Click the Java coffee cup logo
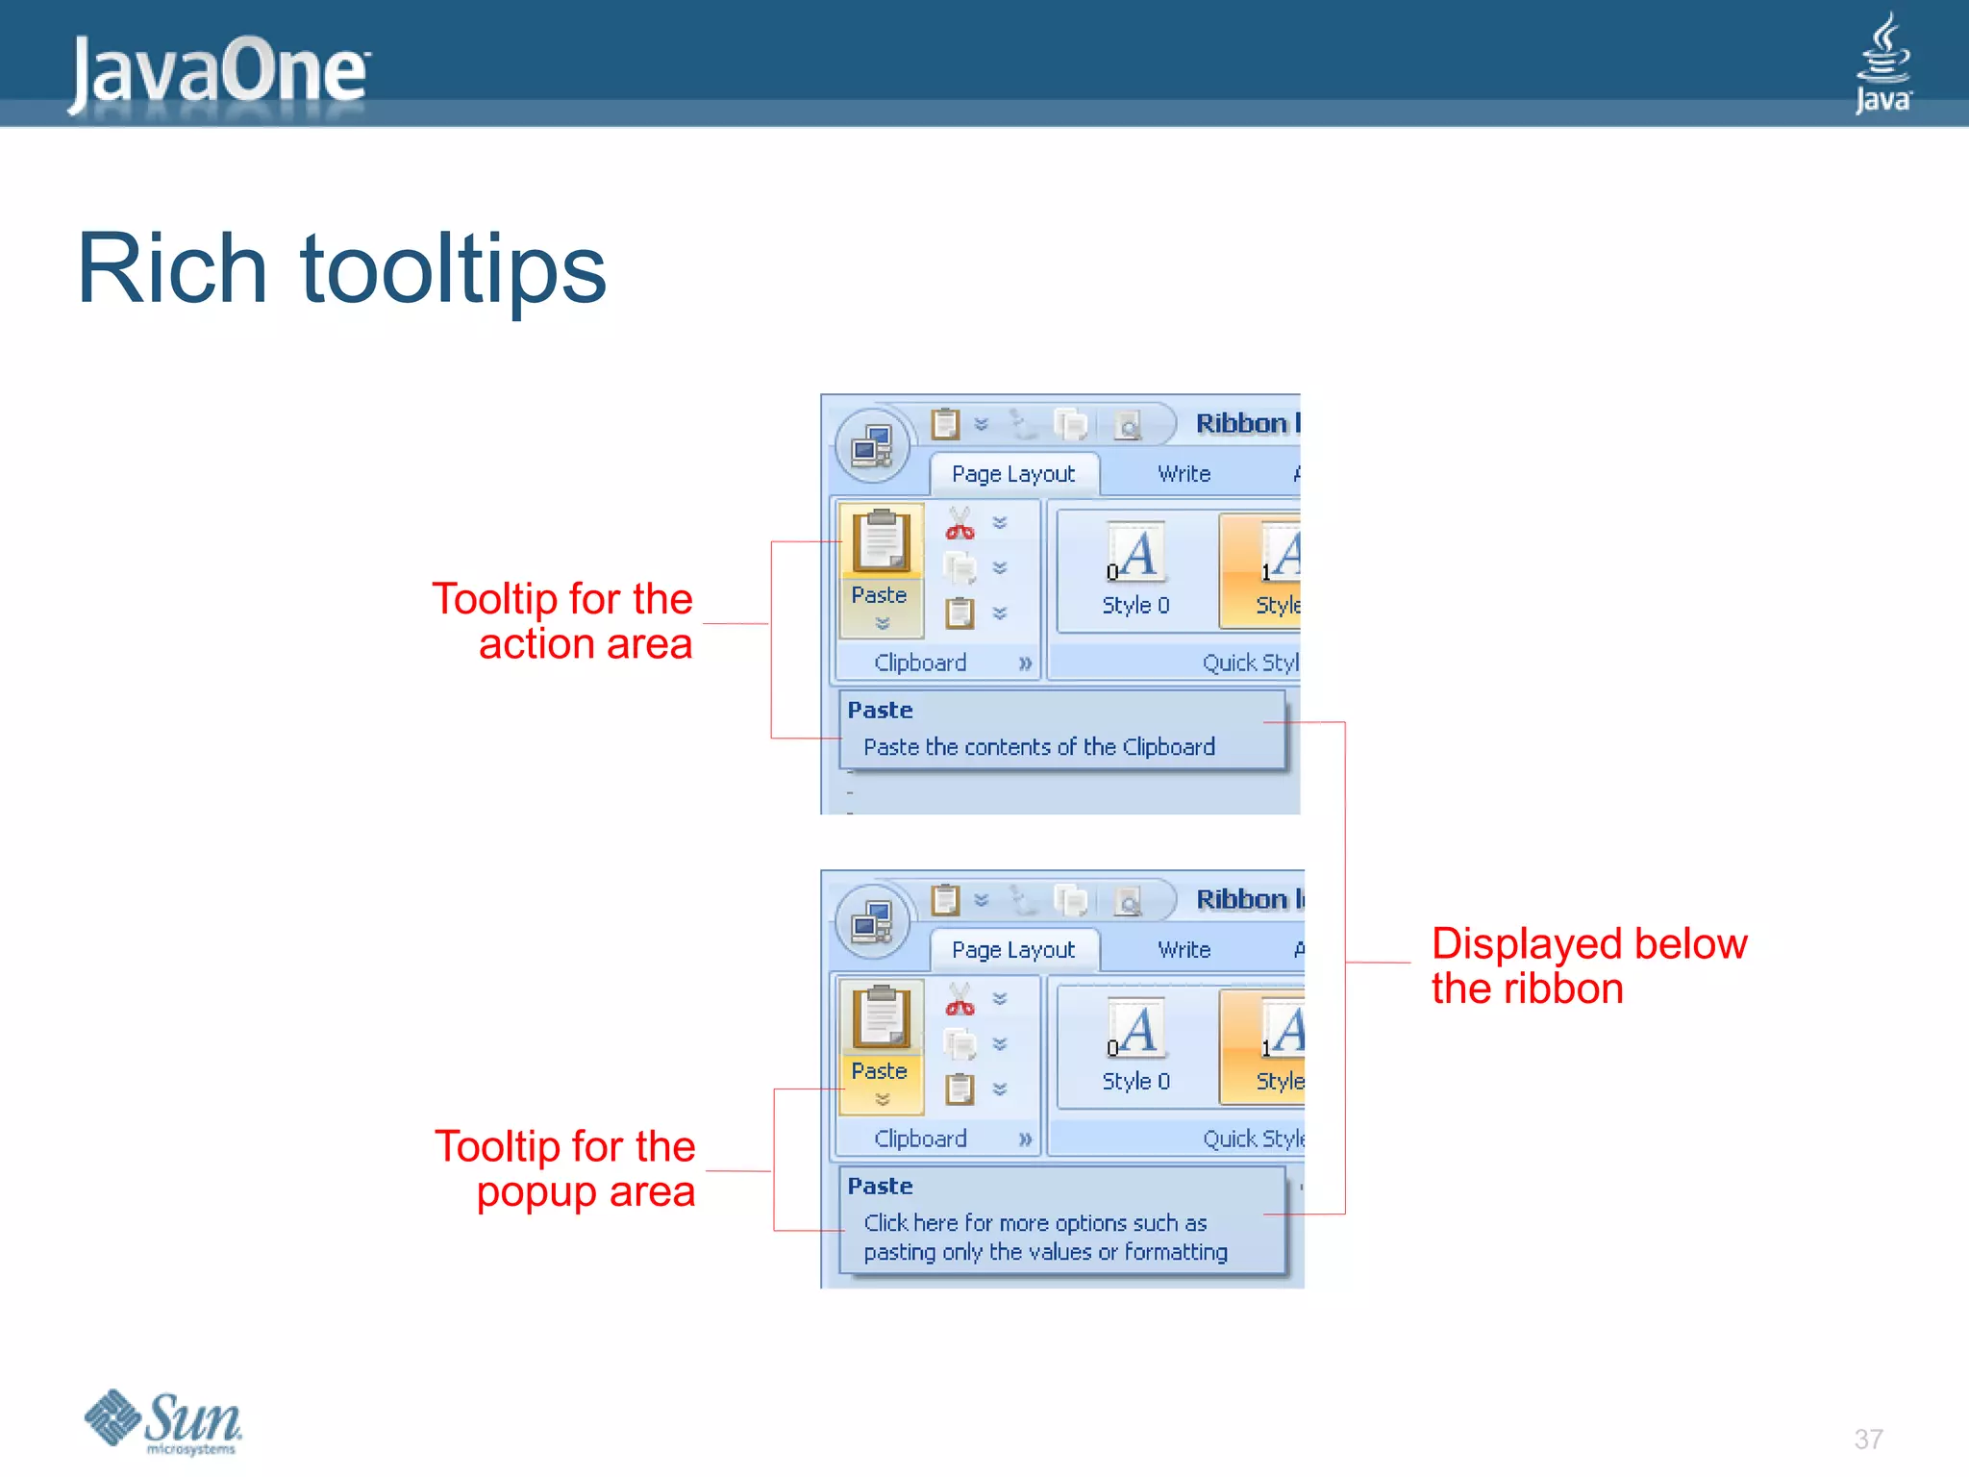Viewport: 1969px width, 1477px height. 1882,63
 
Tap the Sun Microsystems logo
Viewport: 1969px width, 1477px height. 163,1421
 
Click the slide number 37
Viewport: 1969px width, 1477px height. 1868,1439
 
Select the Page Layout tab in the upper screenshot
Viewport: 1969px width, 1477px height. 1013,474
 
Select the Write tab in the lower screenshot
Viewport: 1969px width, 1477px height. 1184,950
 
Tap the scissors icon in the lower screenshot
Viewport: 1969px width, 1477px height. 960,1000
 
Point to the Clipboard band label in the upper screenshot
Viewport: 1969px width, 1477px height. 920,663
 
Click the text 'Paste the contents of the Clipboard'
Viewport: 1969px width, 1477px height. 1038,747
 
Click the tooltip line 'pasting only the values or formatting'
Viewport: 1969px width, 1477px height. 1045,1252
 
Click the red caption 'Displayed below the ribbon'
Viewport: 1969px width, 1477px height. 1587,965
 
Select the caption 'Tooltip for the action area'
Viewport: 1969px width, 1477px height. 562,621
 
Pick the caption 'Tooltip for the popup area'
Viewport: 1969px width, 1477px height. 565,1168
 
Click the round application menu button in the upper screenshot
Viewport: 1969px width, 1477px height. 872,446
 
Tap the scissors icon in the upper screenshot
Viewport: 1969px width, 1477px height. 960,524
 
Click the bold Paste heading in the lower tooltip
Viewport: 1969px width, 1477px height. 880,1186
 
